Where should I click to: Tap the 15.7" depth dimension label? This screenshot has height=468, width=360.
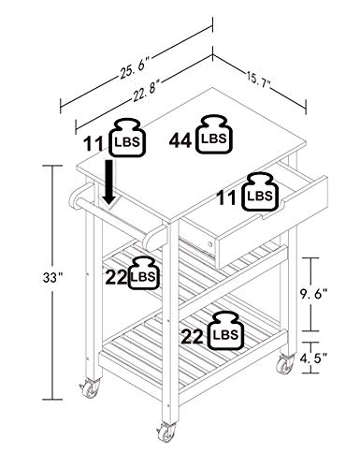[x=259, y=80]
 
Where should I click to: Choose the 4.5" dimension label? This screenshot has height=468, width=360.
[x=313, y=358]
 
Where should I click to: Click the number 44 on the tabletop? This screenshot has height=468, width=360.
[x=180, y=141]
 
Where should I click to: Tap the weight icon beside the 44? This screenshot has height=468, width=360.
[x=214, y=135]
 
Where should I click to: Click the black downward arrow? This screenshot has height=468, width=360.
[x=108, y=183]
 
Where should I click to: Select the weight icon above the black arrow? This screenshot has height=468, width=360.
[x=128, y=138]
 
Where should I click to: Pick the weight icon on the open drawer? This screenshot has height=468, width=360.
[x=260, y=192]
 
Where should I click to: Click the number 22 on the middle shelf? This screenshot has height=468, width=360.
[x=116, y=277]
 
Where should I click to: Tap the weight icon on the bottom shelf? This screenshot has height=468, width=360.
[x=225, y=330]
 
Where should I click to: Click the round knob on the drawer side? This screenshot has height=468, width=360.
[x=210, y=244]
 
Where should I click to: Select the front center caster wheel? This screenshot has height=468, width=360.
[x=166, y=432]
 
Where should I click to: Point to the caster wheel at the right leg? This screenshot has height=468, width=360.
[x=285, y=364]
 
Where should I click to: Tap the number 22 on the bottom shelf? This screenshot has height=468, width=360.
[x=193, y=337]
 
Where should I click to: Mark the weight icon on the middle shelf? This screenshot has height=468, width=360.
[x=144, y=272]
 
